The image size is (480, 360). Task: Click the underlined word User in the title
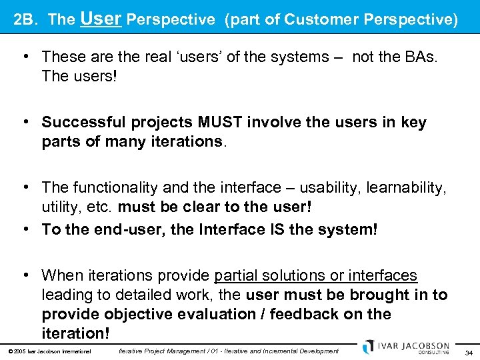pyautogui.click(x=100, y=18)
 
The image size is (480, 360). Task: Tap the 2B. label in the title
pyautogui.click(x=27, y=20)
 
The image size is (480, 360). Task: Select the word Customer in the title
pyautogui.click(x=323, y=20)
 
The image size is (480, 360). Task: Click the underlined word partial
pyautogui.click(x=239, y=275)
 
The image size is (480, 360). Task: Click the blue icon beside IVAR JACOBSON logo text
pyautogui.click(x=368, y=347)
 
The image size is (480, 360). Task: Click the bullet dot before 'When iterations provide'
pyautogui.click(x=25, y=275)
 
